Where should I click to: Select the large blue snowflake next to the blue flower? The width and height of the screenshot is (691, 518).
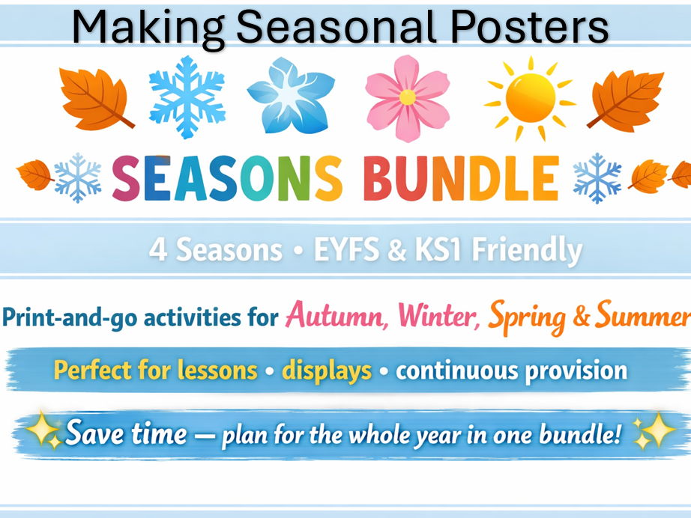(187, 95)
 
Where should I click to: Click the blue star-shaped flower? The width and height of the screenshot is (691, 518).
(290, 96)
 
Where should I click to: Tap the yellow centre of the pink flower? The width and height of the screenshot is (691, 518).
(407, 97)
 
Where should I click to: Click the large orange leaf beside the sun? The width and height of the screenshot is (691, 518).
(625, 99)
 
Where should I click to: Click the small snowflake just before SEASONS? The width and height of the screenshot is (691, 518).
(77, 178)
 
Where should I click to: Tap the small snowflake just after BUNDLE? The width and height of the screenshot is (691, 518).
(597, 178)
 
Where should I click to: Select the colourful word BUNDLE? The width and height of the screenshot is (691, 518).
(460, 179)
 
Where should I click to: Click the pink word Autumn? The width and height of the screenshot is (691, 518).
(337, 317)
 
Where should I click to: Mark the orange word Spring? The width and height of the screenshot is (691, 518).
(526, 317)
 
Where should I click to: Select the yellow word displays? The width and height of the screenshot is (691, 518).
(326, 370)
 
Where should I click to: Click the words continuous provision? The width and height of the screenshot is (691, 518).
(511, 370)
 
